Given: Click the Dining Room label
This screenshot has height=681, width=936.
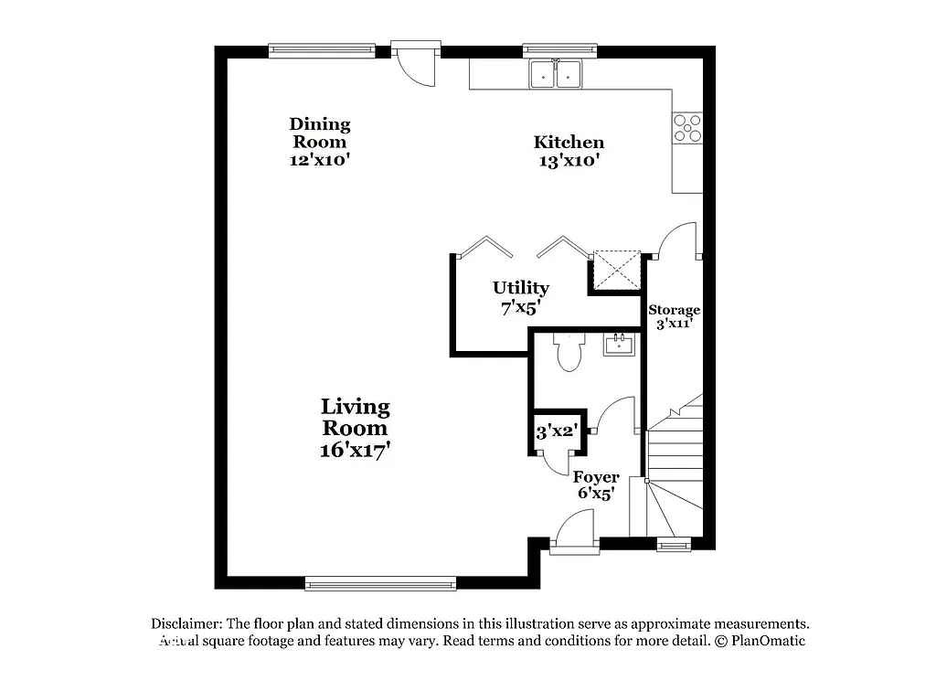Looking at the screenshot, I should [320, 133].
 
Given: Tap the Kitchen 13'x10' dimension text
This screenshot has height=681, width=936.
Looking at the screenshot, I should [569, 161].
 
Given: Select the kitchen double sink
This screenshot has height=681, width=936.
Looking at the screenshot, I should [557, 74].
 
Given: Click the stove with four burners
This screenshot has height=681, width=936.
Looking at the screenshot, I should [687, 127].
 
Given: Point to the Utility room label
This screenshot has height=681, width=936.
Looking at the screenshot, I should [521, 288].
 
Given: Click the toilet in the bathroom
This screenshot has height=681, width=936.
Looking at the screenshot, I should [568, 353].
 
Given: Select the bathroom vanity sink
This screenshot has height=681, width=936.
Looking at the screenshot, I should [620, 345].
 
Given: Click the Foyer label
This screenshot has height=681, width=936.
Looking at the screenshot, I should [596, 477].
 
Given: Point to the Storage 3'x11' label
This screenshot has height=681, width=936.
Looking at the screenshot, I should [675, 315].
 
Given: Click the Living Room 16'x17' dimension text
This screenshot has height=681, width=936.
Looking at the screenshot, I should [355, 450].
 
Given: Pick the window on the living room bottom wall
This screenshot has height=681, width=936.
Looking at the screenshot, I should [380, 582].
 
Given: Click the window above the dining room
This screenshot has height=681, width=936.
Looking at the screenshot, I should [322, 50].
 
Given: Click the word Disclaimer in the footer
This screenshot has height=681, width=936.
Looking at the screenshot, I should [186, 623].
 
